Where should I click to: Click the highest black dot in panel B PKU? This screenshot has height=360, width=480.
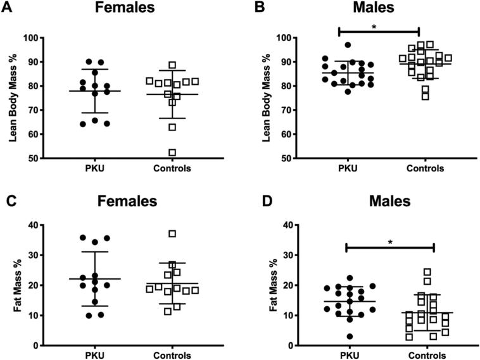pyautogui.click(x=348, y=45)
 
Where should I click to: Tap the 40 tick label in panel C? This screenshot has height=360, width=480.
pyautogui.click(x=46, y=225)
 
